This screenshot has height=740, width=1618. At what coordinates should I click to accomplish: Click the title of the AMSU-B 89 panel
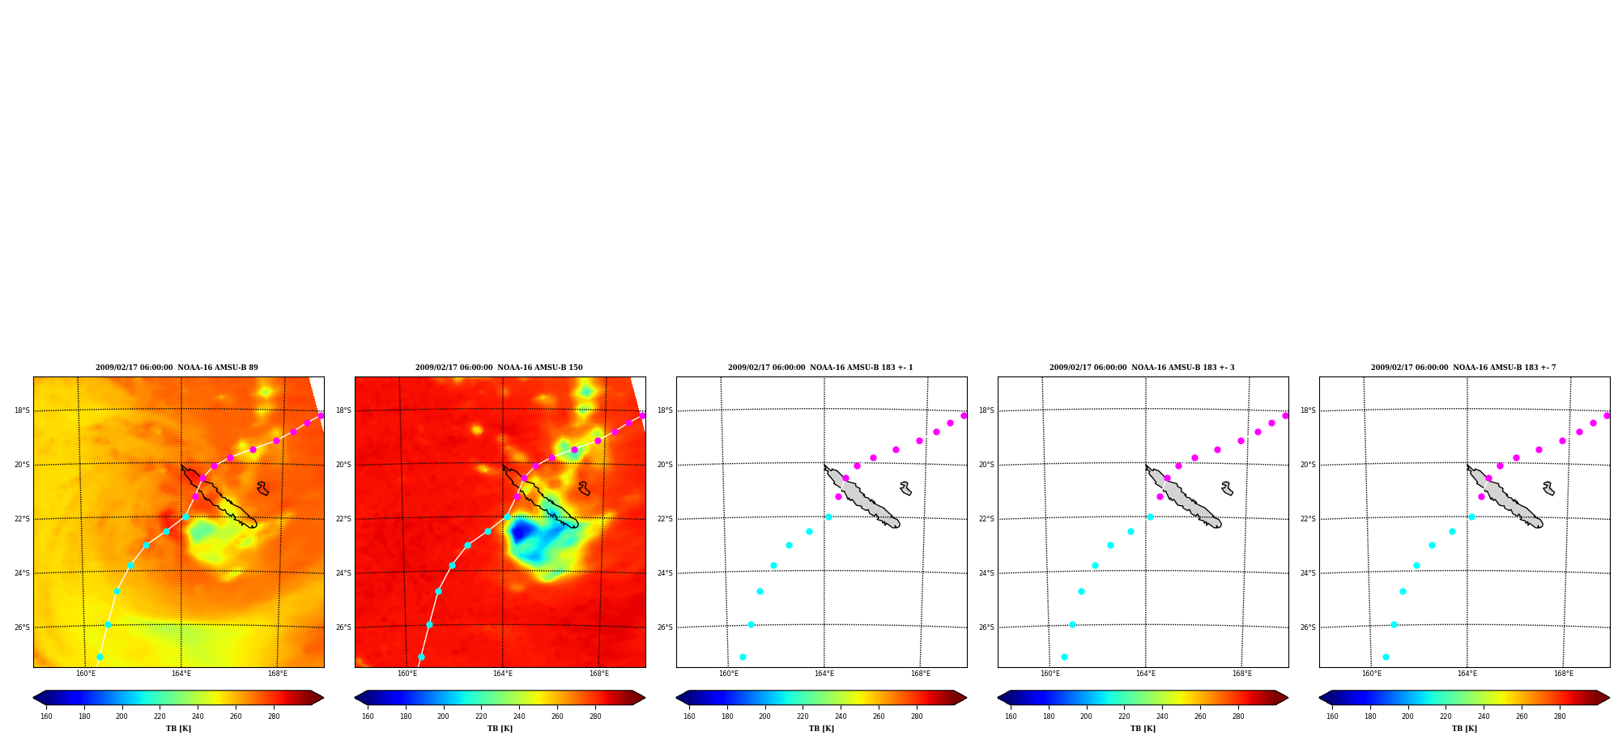[x=177, y=368]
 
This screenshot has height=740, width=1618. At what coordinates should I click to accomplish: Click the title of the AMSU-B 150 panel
[x=499, y=368]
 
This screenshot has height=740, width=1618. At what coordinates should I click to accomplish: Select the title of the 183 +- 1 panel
[x=820, y=368]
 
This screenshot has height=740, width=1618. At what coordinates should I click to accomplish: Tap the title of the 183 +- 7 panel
[x=1463, y=368]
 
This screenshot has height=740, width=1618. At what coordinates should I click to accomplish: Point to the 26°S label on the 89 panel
[x=22, y=627]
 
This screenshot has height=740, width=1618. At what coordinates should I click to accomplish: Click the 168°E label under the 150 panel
[x=599, y=674]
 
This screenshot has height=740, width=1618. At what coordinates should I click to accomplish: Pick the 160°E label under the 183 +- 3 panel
[x=1050, y=674]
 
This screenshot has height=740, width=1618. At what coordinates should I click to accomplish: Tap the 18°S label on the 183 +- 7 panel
[x=1308, y=410]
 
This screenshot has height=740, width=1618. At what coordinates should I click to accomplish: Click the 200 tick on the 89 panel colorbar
[x=121, y=716]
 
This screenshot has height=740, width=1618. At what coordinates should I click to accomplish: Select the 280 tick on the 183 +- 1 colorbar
[x=917, y=716]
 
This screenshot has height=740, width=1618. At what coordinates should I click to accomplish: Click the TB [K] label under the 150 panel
[x=500, y=729]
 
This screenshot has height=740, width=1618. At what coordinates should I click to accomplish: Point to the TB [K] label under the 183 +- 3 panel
[x=1143, y=729]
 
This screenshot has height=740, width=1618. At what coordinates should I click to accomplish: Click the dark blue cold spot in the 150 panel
[x=521, y=531]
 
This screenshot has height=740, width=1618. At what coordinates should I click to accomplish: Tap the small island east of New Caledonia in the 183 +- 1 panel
[x=905, y=488]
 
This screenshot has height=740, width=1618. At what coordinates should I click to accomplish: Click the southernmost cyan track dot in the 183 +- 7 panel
[x=1386, y=657]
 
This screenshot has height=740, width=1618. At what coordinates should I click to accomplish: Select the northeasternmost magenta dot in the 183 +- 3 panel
[x=1285, y=415]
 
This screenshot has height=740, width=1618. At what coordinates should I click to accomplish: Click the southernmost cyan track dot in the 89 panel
[x=100, y=657]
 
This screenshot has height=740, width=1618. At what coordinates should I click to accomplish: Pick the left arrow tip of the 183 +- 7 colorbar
[x=1320, y=698]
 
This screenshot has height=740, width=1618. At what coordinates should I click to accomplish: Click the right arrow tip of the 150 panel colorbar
[x=645, y=698]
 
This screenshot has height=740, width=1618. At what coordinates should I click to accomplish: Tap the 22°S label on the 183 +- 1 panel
[x=665, y=519]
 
